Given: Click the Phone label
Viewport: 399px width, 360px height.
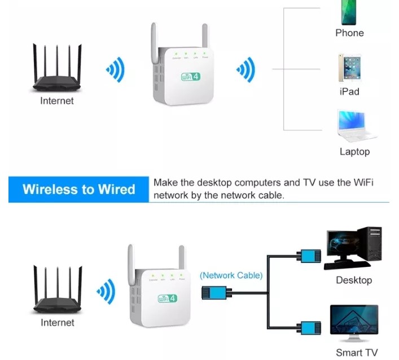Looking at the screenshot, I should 349,33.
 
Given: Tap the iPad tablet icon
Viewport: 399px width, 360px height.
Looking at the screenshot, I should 349,68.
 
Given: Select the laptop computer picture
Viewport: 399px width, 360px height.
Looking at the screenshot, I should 355,126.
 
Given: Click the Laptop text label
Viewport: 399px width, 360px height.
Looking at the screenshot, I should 354,151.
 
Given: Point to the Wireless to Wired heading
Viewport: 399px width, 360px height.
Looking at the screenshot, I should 79,189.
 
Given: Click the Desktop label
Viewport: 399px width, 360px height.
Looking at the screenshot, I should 354,280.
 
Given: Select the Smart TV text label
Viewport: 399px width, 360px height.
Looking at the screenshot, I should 356,353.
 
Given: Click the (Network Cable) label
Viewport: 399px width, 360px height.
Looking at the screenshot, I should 231,275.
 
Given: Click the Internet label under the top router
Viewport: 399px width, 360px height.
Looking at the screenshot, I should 57,101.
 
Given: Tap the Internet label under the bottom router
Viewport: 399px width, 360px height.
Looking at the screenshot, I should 57,323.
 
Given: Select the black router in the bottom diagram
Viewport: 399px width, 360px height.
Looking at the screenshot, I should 57,293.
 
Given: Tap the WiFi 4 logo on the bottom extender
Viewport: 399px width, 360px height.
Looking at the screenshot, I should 167,297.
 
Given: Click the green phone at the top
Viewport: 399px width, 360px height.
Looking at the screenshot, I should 349,12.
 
